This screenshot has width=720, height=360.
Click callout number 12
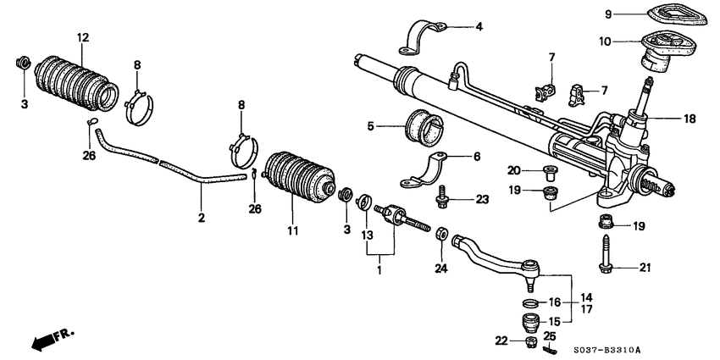tap(82, 38)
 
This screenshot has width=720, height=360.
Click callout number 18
tap(690, 119)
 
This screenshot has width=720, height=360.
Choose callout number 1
tap(379, 270)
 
